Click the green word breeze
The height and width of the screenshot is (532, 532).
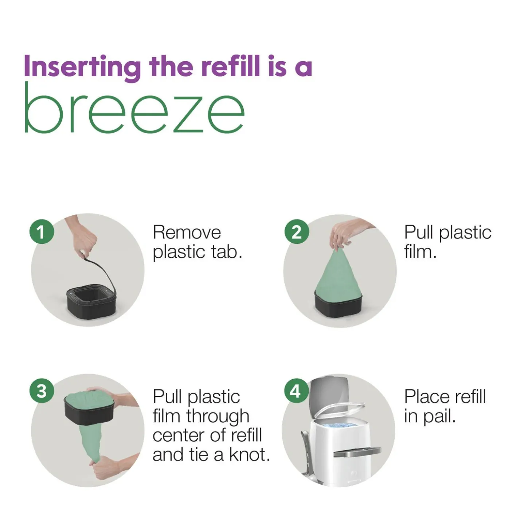point(134,109)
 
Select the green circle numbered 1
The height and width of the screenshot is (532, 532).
point(42,232)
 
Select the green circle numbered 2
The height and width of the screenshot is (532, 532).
point(297,232)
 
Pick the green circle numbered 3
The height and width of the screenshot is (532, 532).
point(42,391)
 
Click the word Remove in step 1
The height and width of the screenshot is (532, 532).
point(187,232)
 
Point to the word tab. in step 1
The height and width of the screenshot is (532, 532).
point(227,252)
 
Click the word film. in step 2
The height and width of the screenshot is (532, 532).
point(420,252)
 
